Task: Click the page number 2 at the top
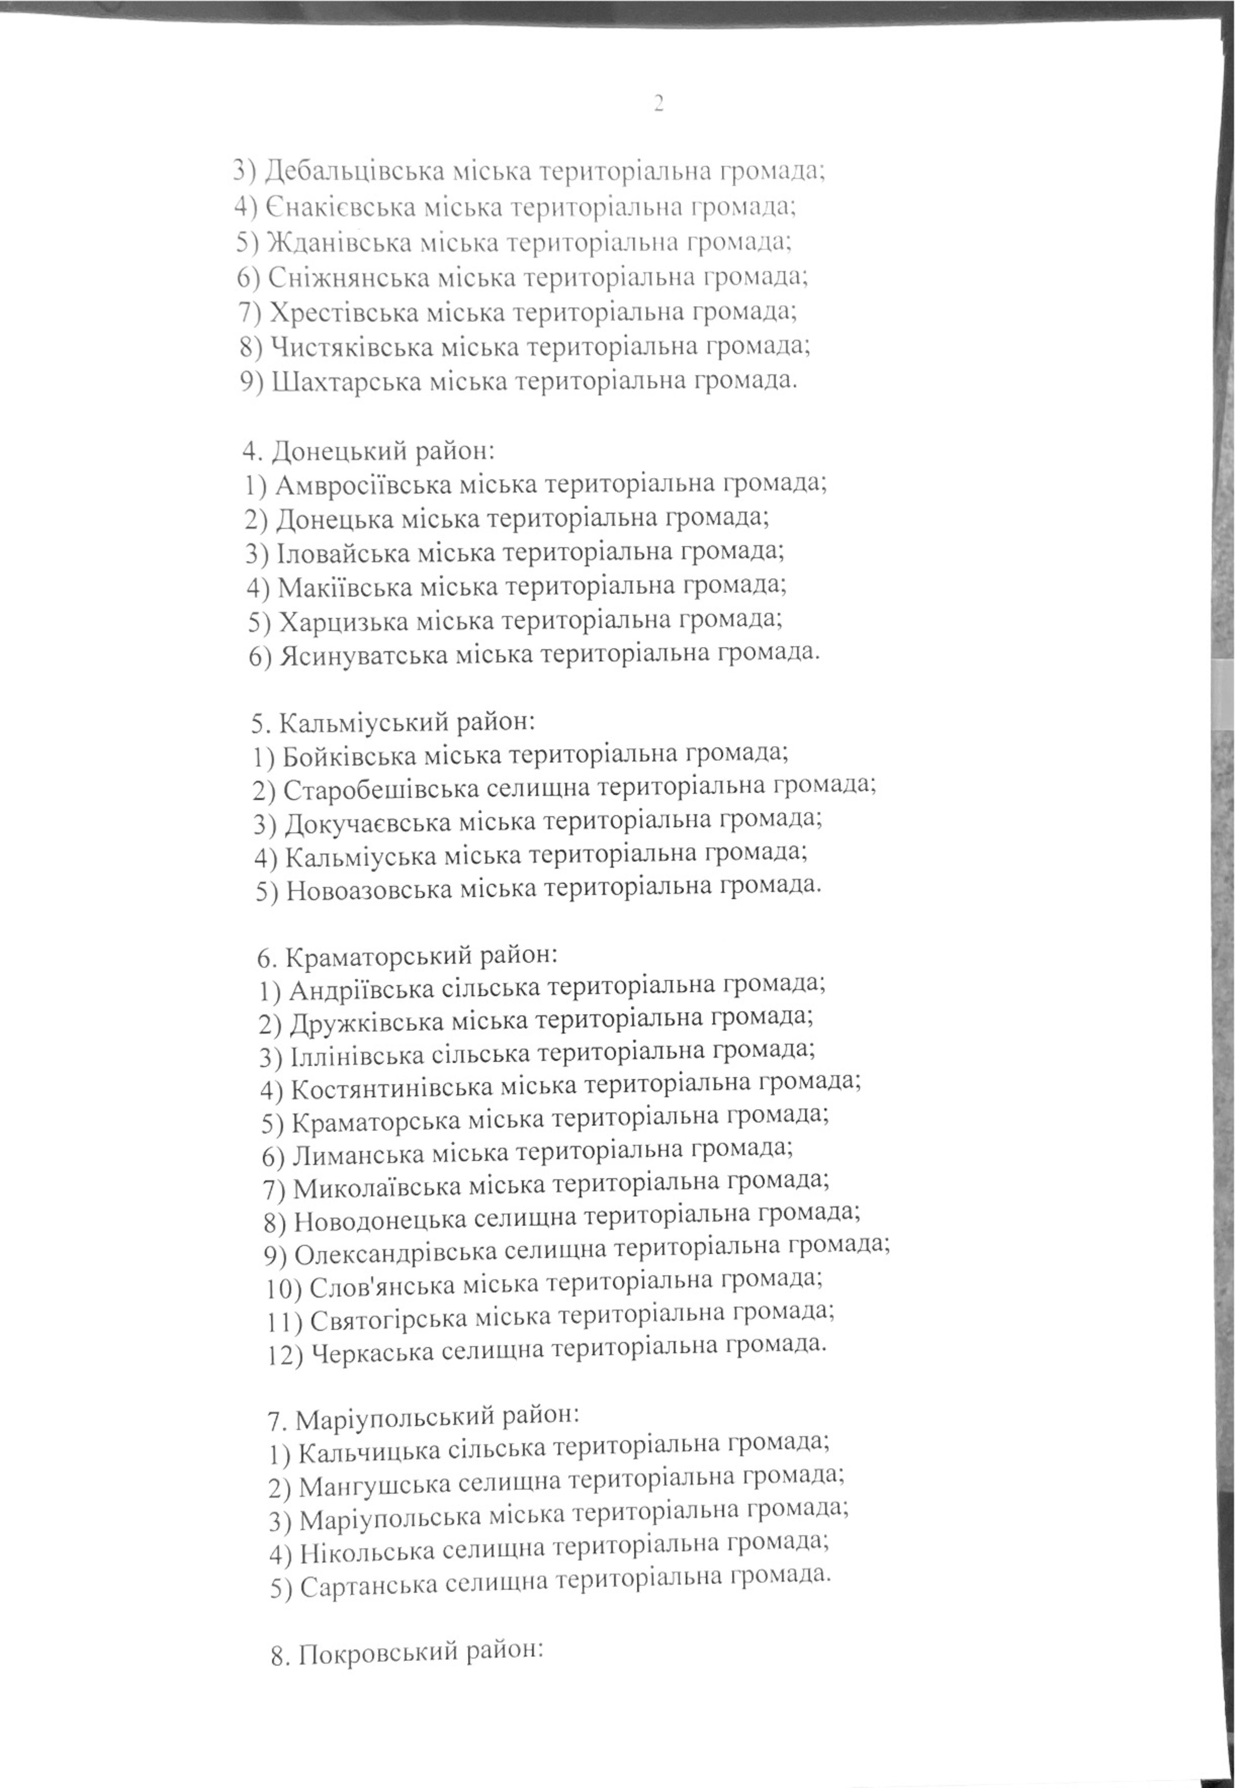tap(659, 104)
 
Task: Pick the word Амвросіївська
tap(364, 485)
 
